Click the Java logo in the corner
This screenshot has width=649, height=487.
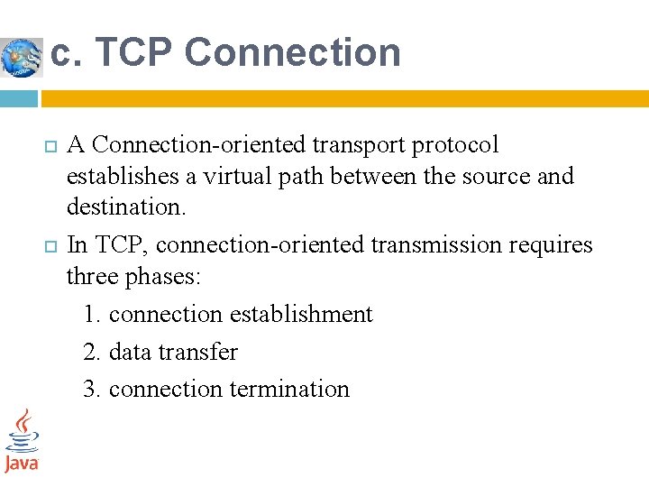[x=22, y=441]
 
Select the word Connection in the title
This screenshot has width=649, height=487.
[x=292, y=52]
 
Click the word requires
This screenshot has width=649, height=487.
[x=552, y=244]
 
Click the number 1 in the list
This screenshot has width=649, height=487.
[x=90, y=314]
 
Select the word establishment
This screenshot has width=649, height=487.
[x=301, y=314]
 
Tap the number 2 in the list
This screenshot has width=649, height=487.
[x=90, y=352]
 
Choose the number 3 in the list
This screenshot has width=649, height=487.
[x=90, y=389]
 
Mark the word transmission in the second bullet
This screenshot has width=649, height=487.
[x=407, y=244]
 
